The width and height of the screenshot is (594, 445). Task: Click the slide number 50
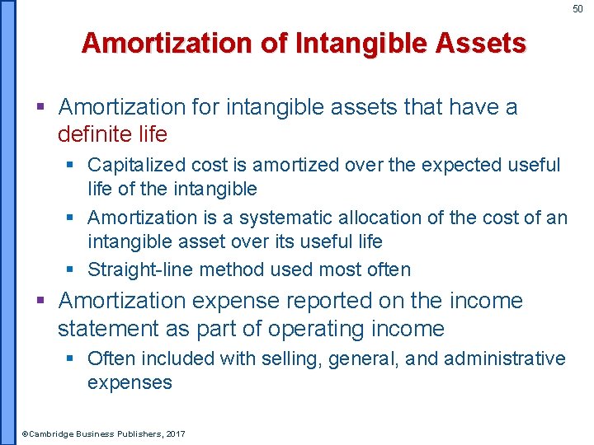577,9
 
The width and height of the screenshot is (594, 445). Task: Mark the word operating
323,330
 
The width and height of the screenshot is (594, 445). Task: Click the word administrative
505,359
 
